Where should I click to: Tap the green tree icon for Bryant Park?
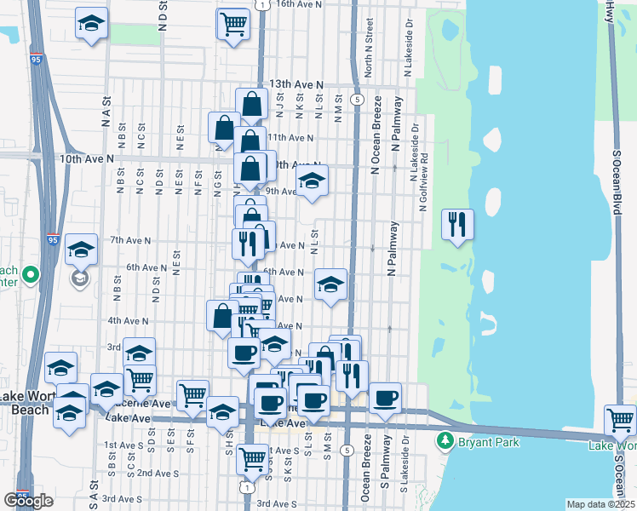click(x=444, y=441)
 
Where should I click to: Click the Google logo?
click(x=28, y=501)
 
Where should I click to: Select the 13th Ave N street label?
click(x=296, y=85)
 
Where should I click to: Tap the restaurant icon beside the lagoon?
click(x=458, y=224)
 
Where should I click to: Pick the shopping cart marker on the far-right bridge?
click(x=620, y=419)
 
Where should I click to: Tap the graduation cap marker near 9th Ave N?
click(x=313, y=181)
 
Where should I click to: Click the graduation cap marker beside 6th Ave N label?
click(x=330, y=284)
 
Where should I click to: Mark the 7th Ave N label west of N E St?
click(x=127, y=240)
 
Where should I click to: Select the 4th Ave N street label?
click(x=128, y=321)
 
